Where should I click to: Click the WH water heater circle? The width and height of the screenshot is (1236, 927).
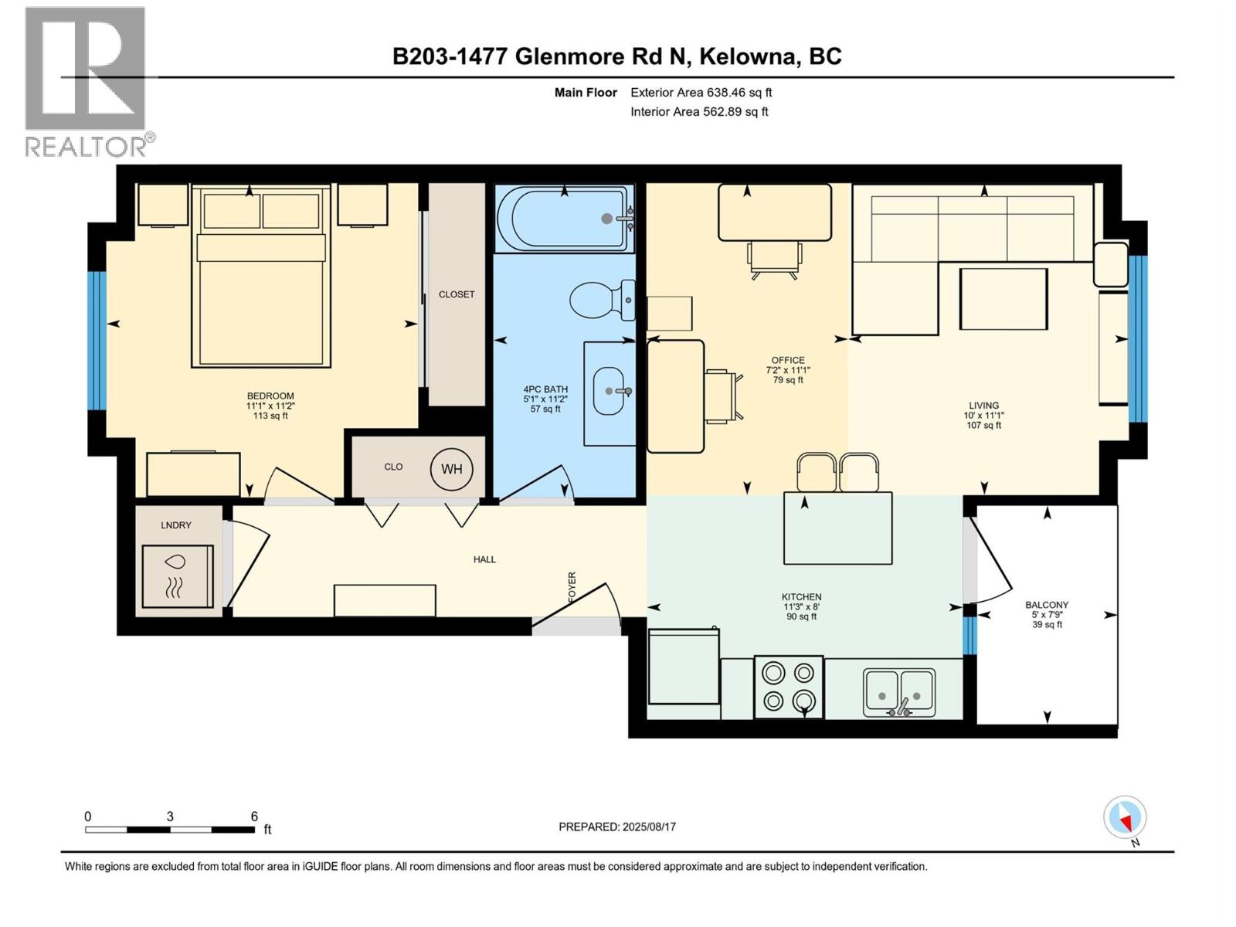click(x=452, y=469)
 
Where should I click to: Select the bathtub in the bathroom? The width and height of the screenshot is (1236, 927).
click(x=563, y=219)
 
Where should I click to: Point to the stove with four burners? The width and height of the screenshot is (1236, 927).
click(x=788, y=687)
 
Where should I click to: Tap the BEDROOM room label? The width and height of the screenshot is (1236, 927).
click(x=270, y=396)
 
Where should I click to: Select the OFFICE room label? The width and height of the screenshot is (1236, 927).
click(x=787, y=360)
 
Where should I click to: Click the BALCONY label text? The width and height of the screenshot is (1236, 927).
click(x=1047, y=605)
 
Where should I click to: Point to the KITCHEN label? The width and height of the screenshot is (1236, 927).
click(x=801, y=596)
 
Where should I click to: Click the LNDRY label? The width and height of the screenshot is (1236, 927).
click(x=176, y=525)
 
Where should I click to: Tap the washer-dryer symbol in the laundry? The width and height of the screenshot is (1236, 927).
click(x=177, y=576)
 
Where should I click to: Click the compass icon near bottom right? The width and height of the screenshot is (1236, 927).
click(x=1125, y=817)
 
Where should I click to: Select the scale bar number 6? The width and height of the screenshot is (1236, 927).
click(x=254, y=816)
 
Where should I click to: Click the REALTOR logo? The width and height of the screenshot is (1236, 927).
click(x=87, y=81)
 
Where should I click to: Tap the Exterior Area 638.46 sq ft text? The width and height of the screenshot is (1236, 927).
click(x=701, y=92)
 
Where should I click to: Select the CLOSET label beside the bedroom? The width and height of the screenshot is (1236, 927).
click(x=457, y=294)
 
